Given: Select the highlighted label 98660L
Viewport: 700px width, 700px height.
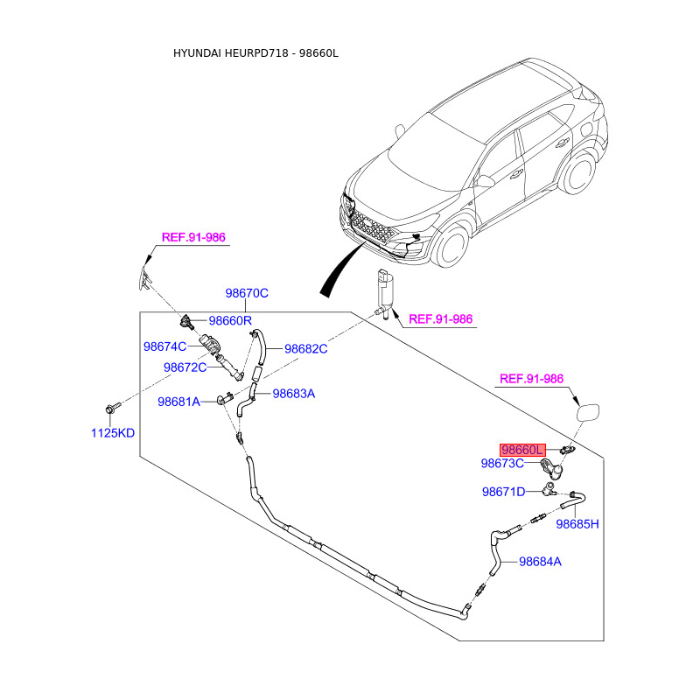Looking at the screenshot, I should click(522, 449).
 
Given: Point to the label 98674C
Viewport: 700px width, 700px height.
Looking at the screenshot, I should click(165, 346).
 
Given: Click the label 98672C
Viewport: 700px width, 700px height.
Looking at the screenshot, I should click(185, 367).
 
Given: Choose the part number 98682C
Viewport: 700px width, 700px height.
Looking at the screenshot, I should click(305, 348).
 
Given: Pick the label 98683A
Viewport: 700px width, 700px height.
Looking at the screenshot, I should click(293, 394).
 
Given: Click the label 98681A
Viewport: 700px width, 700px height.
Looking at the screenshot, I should click(179, 402).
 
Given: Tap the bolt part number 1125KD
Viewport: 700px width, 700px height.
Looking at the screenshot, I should click(114, 433).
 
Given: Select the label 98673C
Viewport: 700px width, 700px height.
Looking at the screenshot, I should click(502, 463).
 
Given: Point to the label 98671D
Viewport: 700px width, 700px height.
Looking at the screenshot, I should click(503, 492).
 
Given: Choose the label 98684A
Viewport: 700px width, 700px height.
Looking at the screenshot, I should click(540, 562).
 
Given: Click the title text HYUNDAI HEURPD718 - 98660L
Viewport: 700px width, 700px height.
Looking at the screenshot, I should click(255, 53).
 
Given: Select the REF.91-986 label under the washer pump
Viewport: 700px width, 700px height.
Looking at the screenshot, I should click(441, 319).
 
